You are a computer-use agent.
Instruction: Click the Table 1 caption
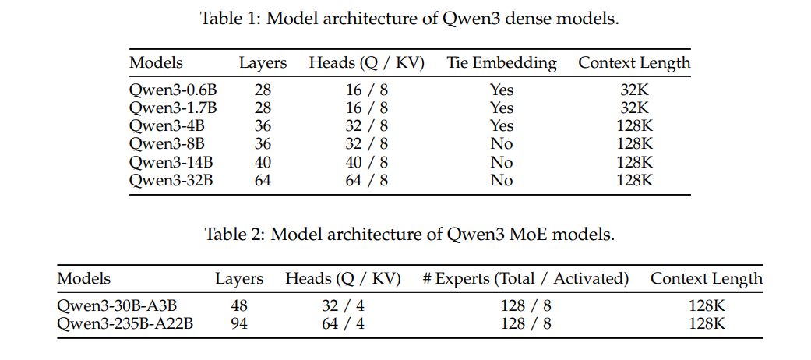click(410, 19)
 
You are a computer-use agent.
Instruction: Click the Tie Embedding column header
click(502, 62)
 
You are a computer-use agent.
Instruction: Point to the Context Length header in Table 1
click(634, 62)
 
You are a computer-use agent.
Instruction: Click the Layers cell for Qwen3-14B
click(263, 162)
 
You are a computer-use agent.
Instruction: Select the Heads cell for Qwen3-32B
click(366, 180)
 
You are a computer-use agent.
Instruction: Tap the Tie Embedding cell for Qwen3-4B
click(502, 125)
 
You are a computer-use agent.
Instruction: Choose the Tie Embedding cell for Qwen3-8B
click(502, 144)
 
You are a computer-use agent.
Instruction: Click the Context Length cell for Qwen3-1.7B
click(634, 108)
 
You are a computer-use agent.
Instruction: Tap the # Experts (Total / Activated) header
click(526, 278)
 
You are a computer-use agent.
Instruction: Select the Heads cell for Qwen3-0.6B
click(366, 90)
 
